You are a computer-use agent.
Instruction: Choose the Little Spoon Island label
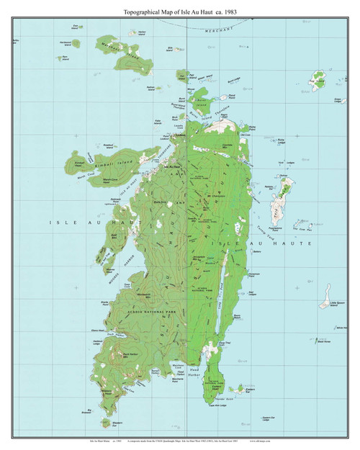tap(333, 305)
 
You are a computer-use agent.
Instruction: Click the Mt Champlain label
tap(219, 186)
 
